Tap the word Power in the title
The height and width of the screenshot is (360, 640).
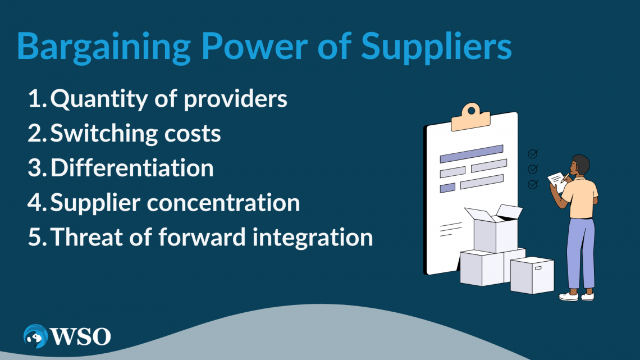pyautogui.click(x=254, y=45)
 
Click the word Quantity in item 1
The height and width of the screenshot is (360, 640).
pyautogui.click(x=99, y=99)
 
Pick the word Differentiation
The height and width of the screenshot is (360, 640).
pyautogui.click(x=132, y=168)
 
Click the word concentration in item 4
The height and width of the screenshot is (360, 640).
pyautogui.click(x=223, y=203)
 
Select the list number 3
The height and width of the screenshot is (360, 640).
pyautogui.click(x=36, y=168)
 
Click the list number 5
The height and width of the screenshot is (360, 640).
pyautogui.click(x=36, y=238)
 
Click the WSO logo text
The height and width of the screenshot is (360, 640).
pyautogui.click(x=80, y=336)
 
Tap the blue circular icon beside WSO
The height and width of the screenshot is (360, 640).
pyautogui.click(x=35, y=336)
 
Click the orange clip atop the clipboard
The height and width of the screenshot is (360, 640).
pyautogui.click(x=470, y=117)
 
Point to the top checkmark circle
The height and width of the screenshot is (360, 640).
pyautogui.click(x=533, y=153)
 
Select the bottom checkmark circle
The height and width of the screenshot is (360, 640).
pyautogui.click(x=533, y=184)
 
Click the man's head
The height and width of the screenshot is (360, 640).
pyautogui.click(x=580, y=165)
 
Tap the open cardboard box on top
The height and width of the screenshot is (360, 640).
pyautogui.click(x=495, y=229)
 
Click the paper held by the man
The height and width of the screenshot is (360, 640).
pyautogui.click(x=557, y=181)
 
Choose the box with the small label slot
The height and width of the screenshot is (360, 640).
pyautogui.click(x=532, y=275)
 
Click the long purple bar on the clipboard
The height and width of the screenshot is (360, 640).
pyautogui.click(x=472, y=154)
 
